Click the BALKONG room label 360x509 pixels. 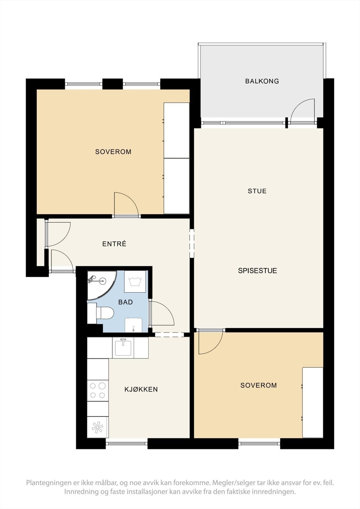coord(262,81)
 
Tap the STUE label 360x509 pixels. coord(257,191)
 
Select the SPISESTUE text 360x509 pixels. coord(258,271)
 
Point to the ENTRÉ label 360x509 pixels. coord(114,244)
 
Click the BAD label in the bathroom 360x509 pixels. coord(125,302)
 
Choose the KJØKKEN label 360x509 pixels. coord(141,389)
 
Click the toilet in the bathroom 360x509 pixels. coord(105,313)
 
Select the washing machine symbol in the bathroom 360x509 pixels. coord(135,282)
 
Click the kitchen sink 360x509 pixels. coord(123,348)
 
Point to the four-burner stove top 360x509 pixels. coord(98,390)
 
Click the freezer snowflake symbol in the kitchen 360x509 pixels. coord(98,427)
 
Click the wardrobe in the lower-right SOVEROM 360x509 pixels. coord(313,402)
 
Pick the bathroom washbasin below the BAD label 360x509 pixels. coord(133,325)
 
